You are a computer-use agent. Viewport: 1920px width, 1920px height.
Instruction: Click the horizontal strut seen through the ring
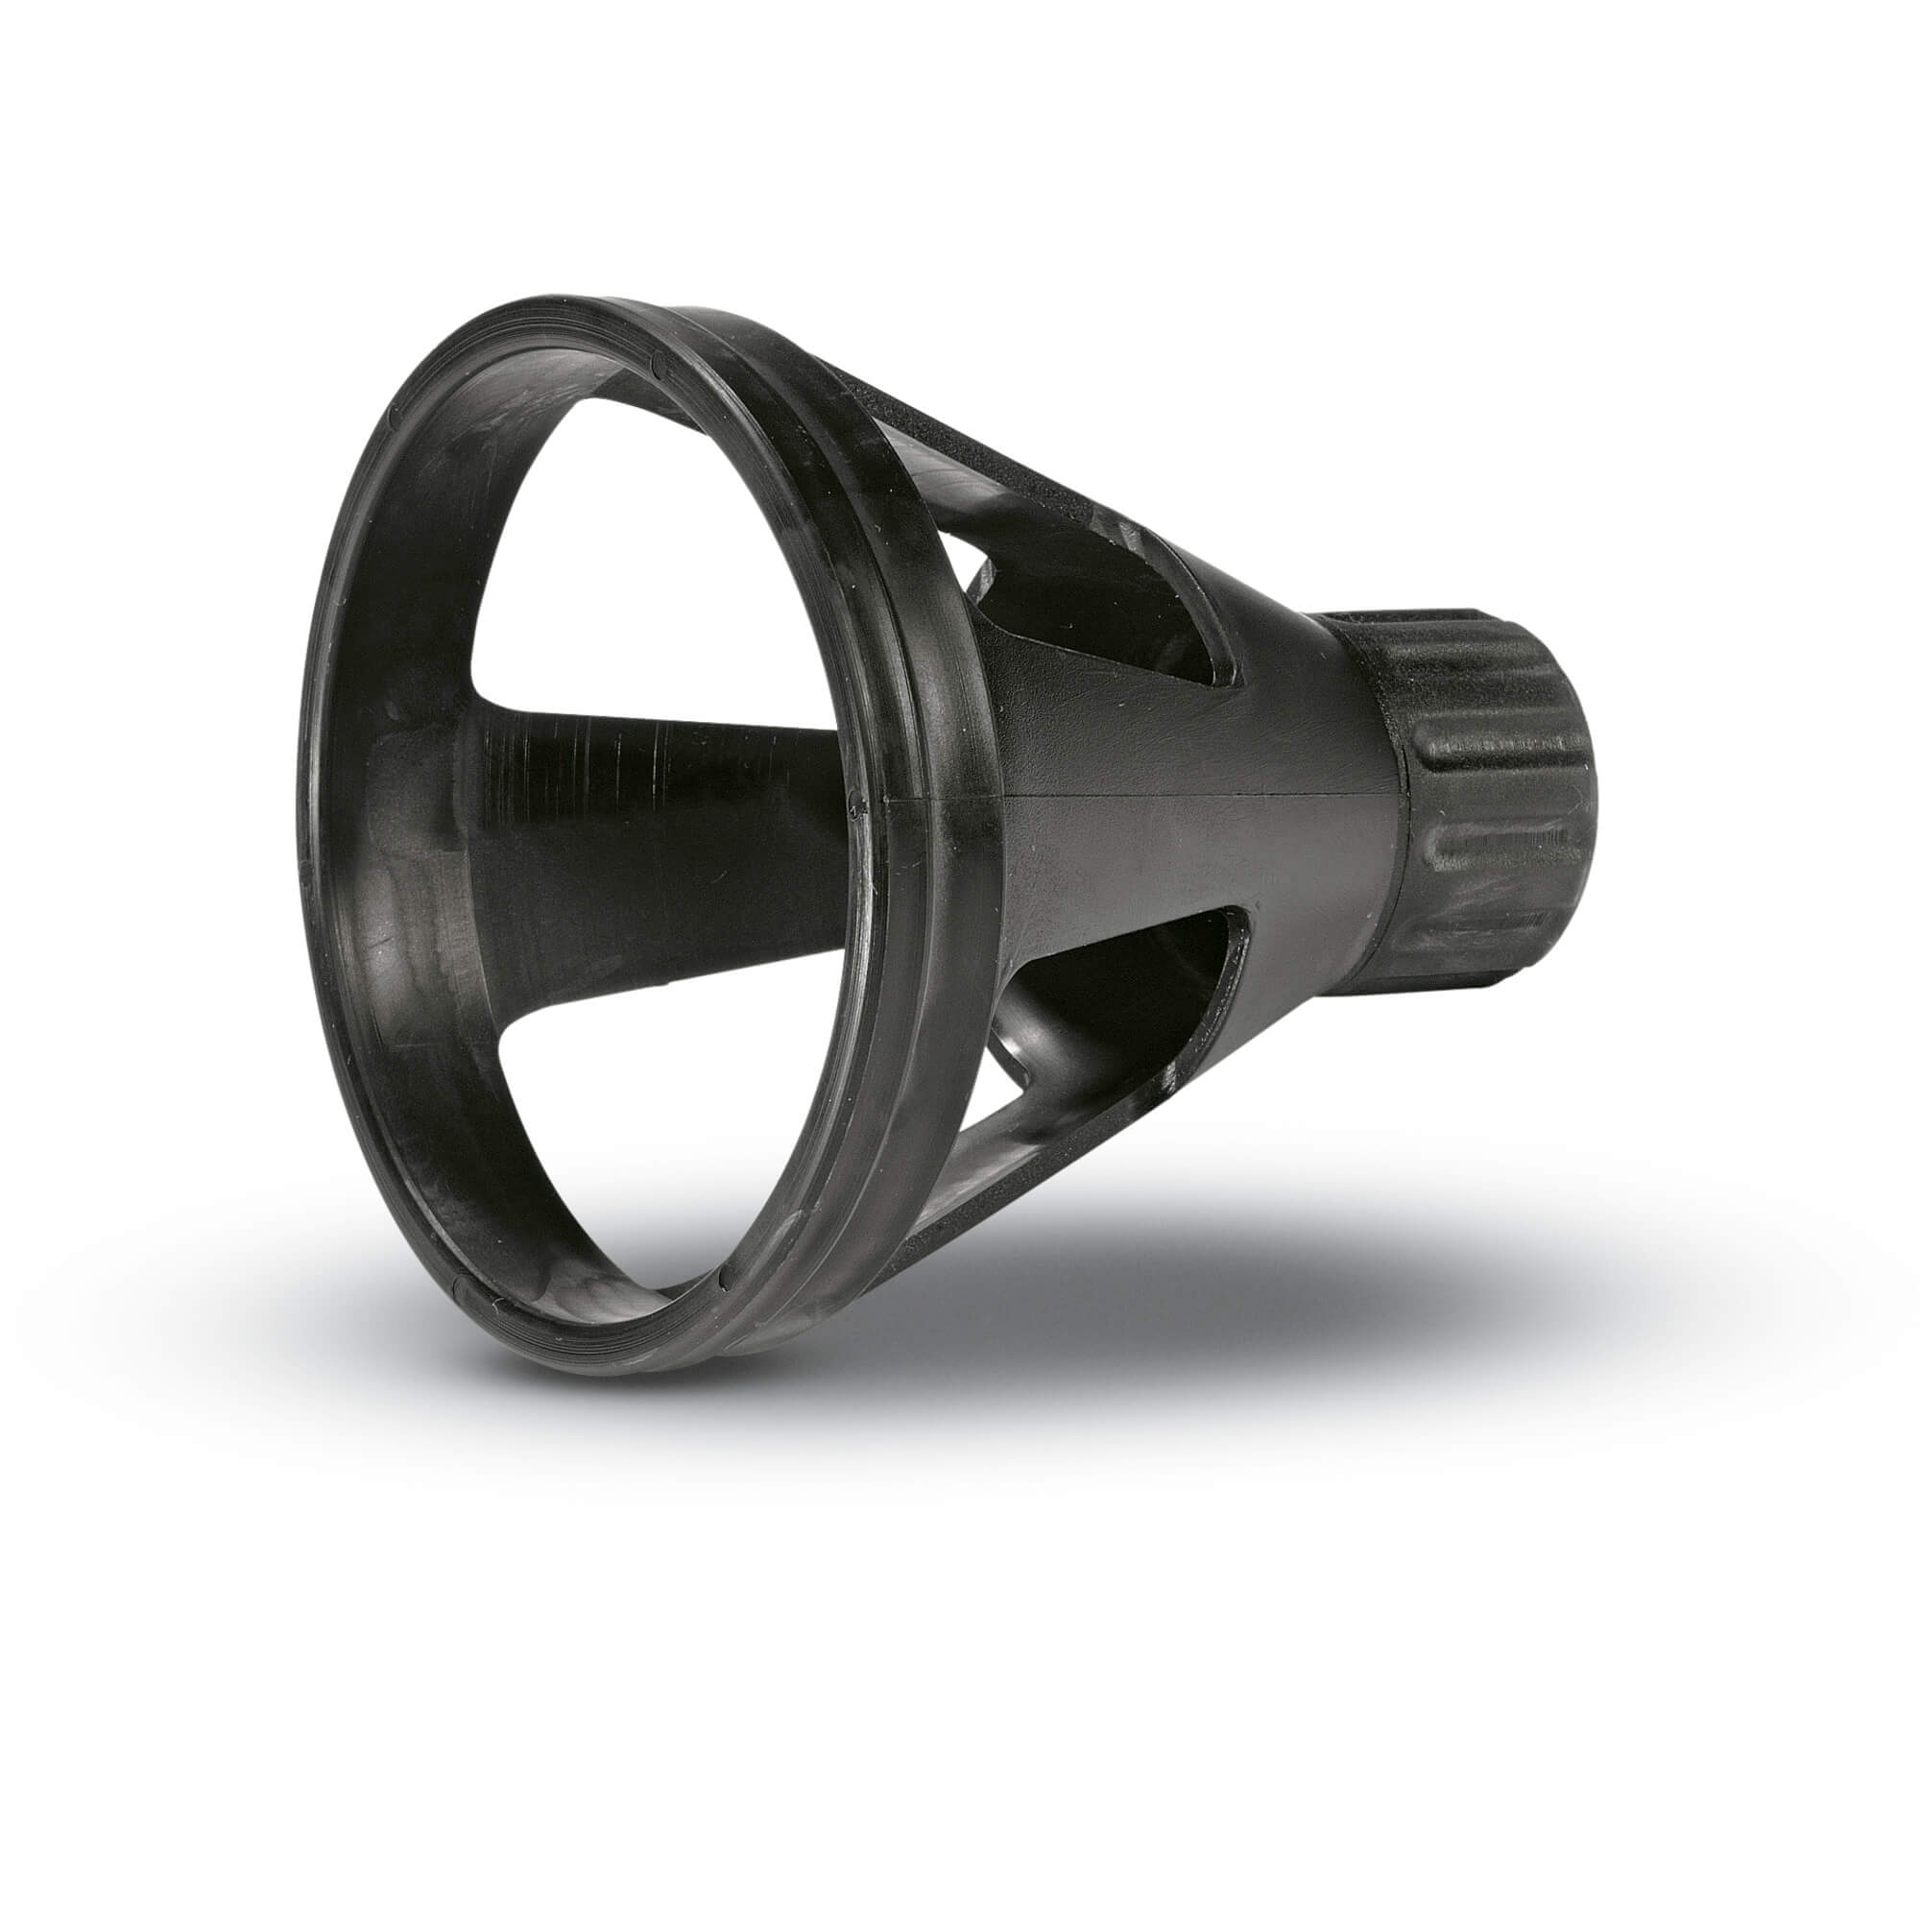[646, 795]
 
